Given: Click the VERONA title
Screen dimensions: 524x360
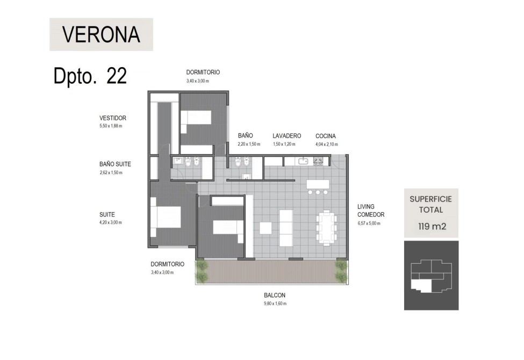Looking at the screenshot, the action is pos(101,34).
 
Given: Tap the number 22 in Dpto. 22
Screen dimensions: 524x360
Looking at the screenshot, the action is pos(117,76).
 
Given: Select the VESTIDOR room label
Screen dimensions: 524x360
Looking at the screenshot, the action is pos(113,118).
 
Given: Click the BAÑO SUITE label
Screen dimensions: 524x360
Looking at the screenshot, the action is pos(115,164).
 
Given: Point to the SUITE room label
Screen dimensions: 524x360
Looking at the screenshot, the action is pos(107,214).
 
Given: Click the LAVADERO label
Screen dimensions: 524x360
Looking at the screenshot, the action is pos(287,136).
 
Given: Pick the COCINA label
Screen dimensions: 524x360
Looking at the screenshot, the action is pos(326,136).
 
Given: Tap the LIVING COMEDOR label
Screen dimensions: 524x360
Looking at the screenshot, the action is pos(371,211).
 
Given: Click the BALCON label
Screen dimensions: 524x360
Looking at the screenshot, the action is pos(275,296).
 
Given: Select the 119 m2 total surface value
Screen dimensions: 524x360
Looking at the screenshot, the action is pos(432,227).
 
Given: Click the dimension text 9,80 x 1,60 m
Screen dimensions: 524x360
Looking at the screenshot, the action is pos(275,304).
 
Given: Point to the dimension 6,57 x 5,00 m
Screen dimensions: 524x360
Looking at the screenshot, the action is pos(369,224).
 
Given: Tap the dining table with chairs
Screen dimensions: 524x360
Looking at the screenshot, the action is pos(327,228).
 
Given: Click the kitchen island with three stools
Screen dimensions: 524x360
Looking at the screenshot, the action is pos(318,187).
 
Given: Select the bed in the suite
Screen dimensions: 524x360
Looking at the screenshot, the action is pos(166,217).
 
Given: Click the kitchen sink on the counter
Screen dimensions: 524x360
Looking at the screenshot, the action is pos(303,161).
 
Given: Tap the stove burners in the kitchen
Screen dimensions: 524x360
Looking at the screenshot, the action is pos(318,161).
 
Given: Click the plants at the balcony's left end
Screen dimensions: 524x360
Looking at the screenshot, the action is pos(202,271).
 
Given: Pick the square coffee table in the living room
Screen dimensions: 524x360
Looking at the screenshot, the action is pos(265,228).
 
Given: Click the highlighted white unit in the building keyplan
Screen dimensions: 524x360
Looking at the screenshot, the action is pos(422,285).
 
